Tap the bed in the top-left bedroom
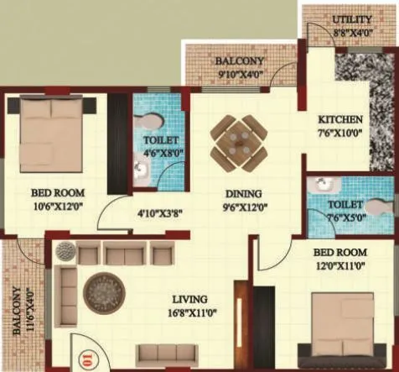coord(51,133)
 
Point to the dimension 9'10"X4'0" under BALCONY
coord(239,74)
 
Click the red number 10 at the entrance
coord(86,362)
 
